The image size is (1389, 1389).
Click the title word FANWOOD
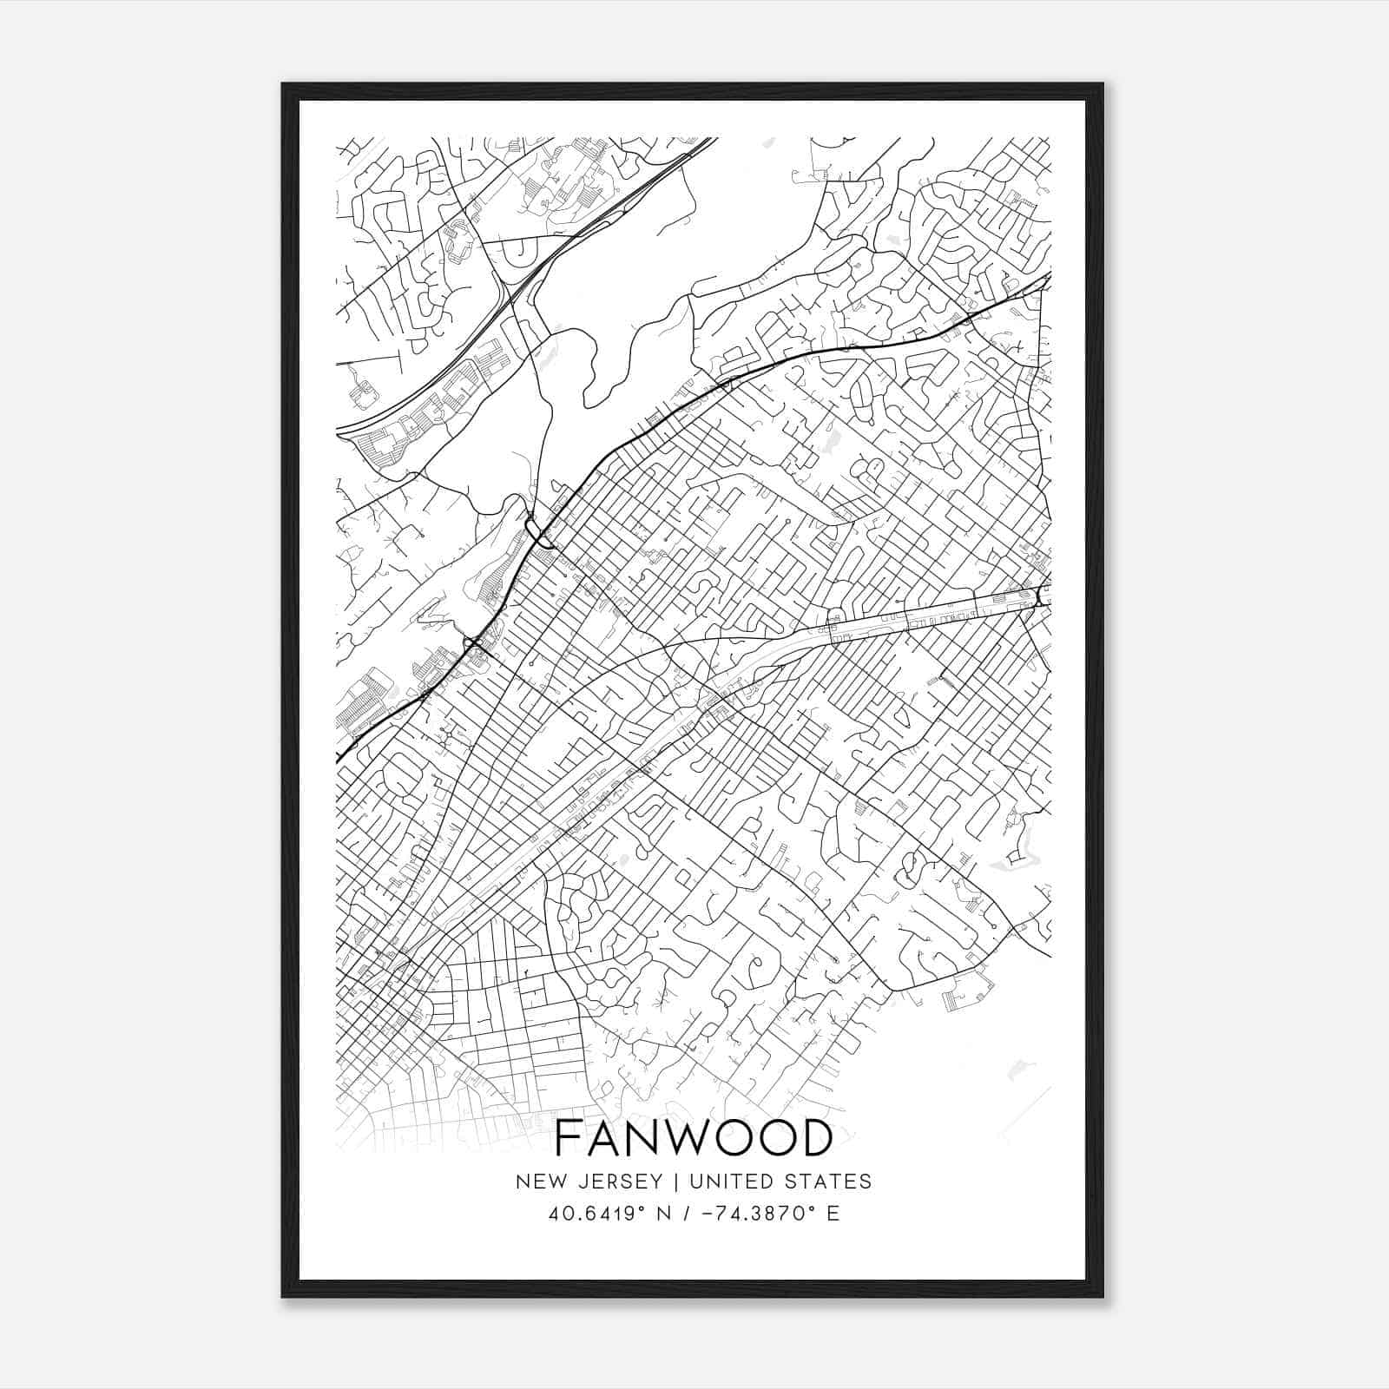(x=693, y=1138)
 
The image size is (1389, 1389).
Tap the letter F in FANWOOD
(x=568, y=1138)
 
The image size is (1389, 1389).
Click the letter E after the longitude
(x=833, y=1214)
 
